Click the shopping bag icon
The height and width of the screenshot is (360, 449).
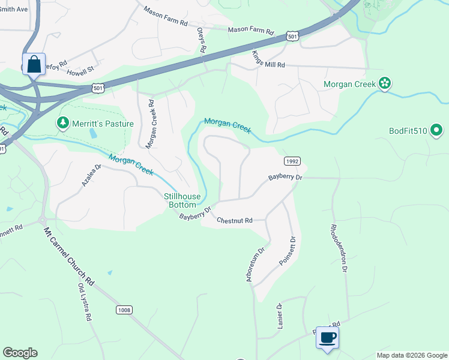(x=34, y=64)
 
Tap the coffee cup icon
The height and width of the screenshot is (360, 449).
(x=327, y=337)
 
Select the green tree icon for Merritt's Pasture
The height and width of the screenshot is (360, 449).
(x=62, y=123)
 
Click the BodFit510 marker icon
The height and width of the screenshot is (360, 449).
(x=436, y=130)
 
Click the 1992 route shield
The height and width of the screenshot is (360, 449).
(x=291, y=161)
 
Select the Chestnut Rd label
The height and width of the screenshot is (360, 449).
(x=235, y=220)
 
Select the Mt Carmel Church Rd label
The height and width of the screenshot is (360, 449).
(x=70, y=256)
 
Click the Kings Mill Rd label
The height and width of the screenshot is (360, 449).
(x=268, y=60)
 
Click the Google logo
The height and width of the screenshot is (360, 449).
(x=20, y=353)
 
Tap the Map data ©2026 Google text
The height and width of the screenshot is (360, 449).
(x=411, y=355)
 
